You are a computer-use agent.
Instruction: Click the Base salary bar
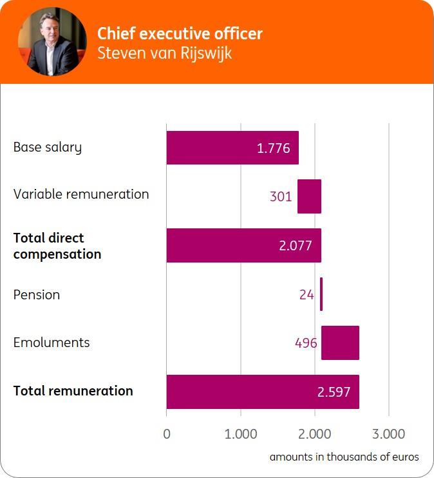click(x=232, y=148)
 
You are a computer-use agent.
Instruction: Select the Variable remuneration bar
click(x=309, y=196)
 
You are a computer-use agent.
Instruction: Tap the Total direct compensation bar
click(x=243, y=245)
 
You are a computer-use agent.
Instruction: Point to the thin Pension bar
click(x=321, y=294)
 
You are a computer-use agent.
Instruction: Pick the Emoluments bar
click(x=340, y=343)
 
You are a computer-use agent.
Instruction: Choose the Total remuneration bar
click(x=263, y=392)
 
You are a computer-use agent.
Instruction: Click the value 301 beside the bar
click(x=281, y=197)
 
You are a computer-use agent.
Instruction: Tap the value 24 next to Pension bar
click(x=307, y=295)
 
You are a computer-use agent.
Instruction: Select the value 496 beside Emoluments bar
click(x=306, y=343)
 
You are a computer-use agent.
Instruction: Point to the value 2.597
click(x=334, y=392)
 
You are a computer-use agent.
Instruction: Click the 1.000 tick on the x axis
click(x=241, y=433)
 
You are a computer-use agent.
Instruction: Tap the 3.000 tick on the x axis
click(x=389, y=433)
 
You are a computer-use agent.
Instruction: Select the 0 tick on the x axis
click(x=167, y=433)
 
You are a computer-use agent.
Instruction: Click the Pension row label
click(x=37, y=295)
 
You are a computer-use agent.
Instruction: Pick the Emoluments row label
click(x=52, y=343)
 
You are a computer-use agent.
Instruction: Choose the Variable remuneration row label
click(x=81, y=194)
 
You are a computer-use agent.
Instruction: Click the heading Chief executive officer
click(x=180, y=34)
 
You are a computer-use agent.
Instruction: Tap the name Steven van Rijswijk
click(x=164, y=53)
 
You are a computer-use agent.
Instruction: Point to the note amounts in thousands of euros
click(x=344, y=457)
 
